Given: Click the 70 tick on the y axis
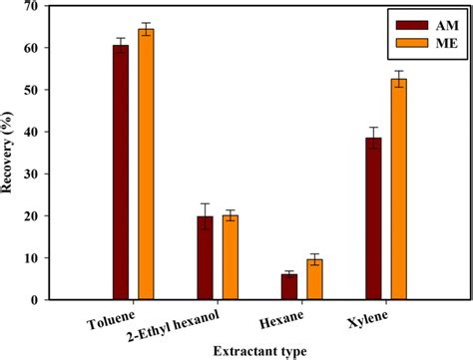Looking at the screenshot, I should click(38, 7).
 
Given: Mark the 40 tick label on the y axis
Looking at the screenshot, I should click(38, 132).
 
